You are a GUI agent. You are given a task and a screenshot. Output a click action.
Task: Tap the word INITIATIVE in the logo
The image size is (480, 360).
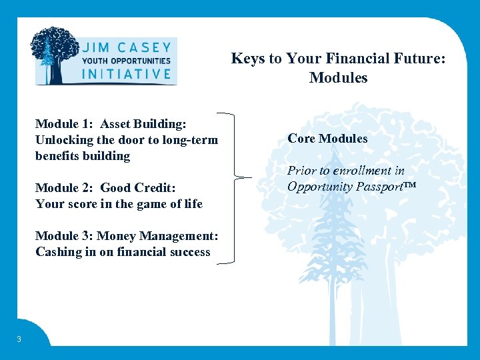126,73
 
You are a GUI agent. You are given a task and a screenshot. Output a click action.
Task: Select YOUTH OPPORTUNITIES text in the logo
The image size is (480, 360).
126,61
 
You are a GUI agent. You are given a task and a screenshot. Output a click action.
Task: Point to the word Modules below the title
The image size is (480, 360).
338,78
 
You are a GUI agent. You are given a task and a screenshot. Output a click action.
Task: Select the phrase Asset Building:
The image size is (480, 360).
143,124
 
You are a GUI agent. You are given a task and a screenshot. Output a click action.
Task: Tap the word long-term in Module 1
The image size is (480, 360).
189,139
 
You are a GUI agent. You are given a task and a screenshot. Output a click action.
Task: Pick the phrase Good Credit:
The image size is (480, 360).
138,188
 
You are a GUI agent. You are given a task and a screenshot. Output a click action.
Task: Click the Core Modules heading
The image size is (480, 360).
327,139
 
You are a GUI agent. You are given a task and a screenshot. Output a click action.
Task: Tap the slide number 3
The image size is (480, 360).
19,339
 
